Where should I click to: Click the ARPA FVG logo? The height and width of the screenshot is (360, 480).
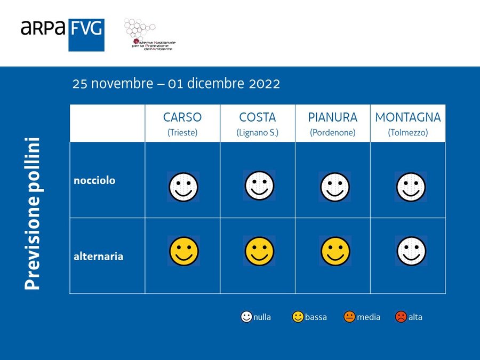point(62,35)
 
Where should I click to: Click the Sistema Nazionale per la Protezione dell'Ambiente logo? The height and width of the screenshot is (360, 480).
point(149,34)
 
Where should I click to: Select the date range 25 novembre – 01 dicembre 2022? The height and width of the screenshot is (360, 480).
point(176,84)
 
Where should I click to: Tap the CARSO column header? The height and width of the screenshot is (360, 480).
point(182,123)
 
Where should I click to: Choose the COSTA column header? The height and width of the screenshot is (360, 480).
point(258,123)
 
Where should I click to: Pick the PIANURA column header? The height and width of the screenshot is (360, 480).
point(333,123)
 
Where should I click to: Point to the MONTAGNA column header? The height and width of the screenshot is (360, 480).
point(408,123)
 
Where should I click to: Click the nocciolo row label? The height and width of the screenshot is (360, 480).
point(94,180)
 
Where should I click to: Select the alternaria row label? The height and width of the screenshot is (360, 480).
point(99,256)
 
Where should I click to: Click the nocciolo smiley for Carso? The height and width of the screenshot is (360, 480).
point(183,187)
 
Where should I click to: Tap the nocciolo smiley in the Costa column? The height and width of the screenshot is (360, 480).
point(259,185)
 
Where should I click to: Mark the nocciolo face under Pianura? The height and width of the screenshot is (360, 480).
point(335,187)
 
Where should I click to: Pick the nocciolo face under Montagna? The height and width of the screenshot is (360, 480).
point(411,187)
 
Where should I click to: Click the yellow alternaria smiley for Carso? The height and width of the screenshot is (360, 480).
point(184,251)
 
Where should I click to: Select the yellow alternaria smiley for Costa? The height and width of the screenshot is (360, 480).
point(259,251)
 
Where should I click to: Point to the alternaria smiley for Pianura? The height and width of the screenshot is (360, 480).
point(335,251)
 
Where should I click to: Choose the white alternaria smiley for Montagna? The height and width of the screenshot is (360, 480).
point(411,251)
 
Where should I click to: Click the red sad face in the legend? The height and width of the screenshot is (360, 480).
point(401,317)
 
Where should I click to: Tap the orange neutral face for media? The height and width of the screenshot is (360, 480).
point(349,317)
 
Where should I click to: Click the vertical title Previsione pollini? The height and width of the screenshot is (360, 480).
point(33,214)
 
